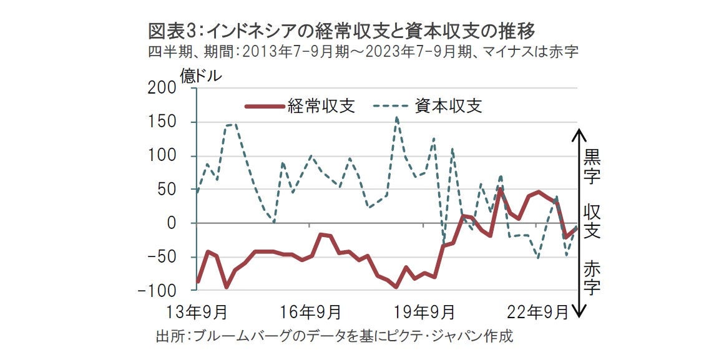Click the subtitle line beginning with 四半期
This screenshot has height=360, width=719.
pos(363,52)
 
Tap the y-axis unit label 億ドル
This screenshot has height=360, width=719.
pos(200,76)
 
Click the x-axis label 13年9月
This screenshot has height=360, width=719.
pos(198,310)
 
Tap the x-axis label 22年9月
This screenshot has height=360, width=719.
pos(540,310)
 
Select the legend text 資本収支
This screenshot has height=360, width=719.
pos(449,106)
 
